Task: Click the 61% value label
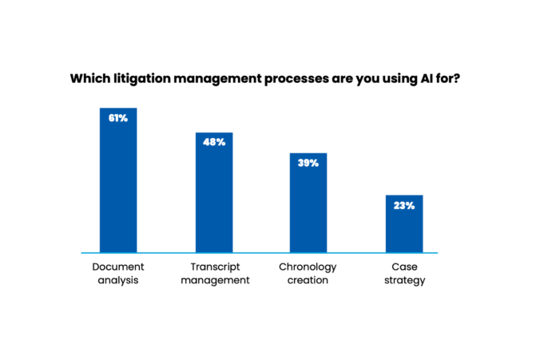click(x=117, y=117)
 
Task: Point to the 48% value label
click(x=214, y=142)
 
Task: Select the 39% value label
click(x=308, y=163)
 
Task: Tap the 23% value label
click(x=403, y=205)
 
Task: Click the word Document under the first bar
click(x=117, y=267)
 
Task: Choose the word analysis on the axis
click(x=117, y=280)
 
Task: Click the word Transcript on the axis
click(x=214, y=267)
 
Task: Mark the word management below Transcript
click(x=214, y=280)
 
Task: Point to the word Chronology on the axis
click(x=308, y=267)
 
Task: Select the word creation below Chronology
click(x=308, y=280)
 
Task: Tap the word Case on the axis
click(x=403, y=267)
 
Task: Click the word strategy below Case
click(x=403, y=280)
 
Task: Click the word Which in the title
click(x=89, y=79)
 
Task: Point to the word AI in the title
click(x=439, y=79)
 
